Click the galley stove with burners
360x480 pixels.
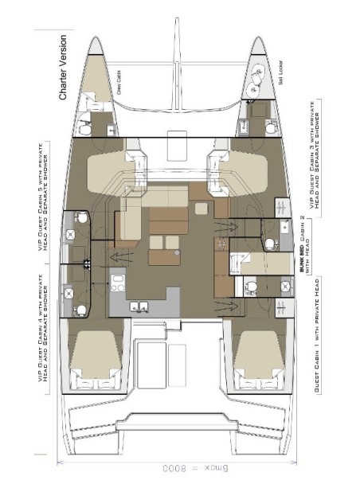[x=119, y=279]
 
